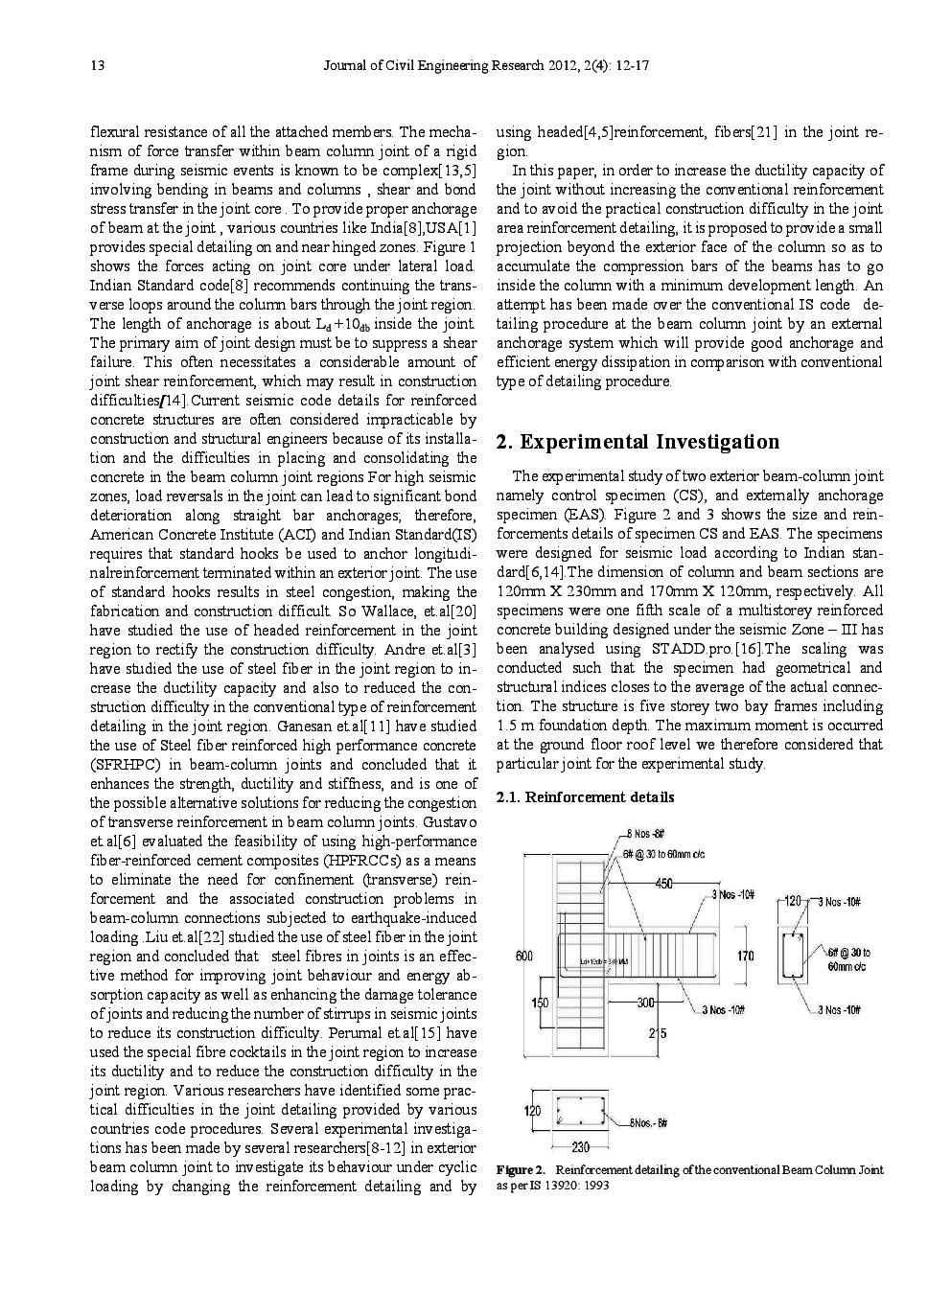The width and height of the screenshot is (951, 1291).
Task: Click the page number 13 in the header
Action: click(97, 66)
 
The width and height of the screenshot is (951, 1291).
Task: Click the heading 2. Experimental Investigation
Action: click(637, 442)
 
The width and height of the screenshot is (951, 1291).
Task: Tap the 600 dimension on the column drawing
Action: click(524, 956)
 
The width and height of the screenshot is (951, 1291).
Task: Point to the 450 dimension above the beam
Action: click(663, 884)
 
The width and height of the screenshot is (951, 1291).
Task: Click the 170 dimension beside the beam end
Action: click(745, 956)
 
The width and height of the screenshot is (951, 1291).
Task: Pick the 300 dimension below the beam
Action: click(645, 1003)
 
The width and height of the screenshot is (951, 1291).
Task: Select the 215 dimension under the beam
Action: click(657, 1033)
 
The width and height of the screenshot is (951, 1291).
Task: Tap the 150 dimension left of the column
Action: click(541, 1003)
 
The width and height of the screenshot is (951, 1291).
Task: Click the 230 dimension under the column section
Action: click(580, 1146)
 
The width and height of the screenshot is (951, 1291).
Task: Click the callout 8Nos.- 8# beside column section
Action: click(649, 1122)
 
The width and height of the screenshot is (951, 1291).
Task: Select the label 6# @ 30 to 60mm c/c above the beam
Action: click(663, 853)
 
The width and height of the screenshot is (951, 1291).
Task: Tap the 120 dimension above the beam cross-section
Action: click(793, 902)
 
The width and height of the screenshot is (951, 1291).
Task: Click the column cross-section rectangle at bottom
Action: click(578, 1110)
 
